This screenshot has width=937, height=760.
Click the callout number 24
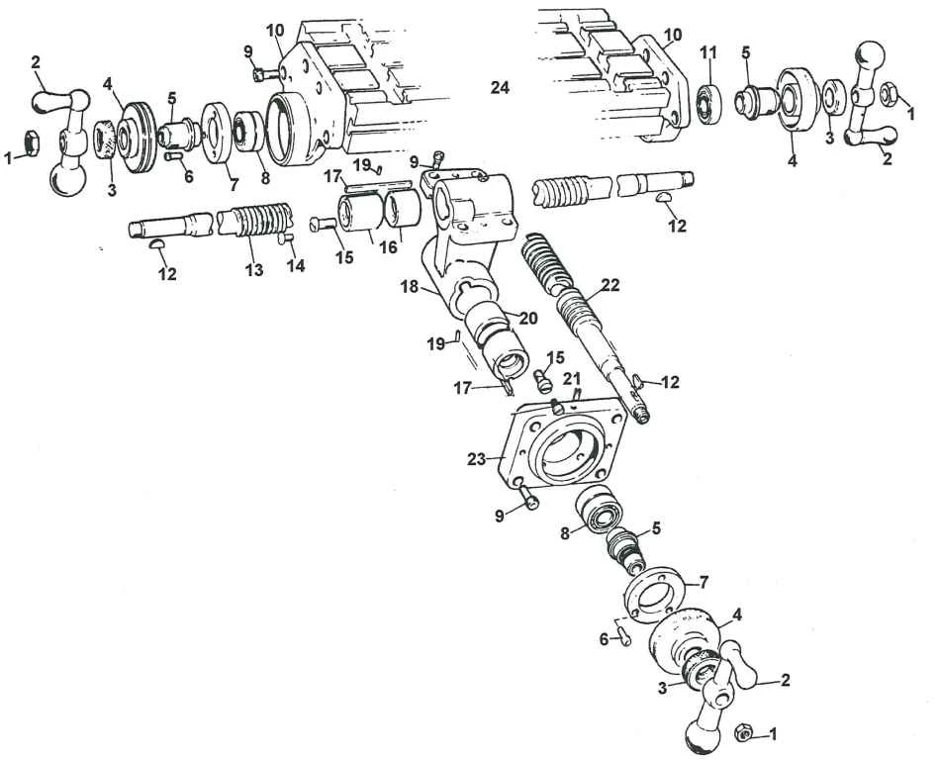pos(500,89)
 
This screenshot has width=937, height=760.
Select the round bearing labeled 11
pos(708,100)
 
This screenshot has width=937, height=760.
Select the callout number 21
pos(572,380)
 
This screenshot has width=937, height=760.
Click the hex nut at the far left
pos(30,145)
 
